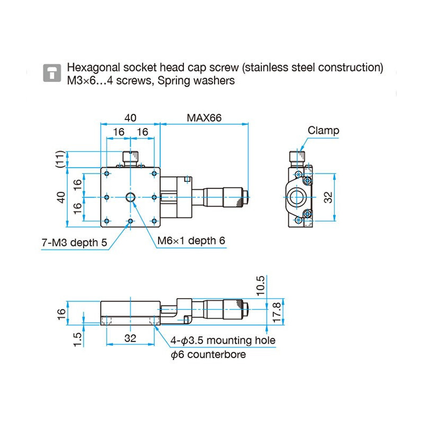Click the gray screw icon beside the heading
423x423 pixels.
point(51,73)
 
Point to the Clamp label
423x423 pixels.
point(323,131)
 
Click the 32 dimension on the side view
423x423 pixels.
point(328,197)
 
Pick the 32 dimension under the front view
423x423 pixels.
point(130,338)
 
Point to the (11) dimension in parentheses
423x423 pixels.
point(61,159)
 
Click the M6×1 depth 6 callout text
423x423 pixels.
point(191,241)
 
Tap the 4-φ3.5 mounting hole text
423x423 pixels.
point(223,340)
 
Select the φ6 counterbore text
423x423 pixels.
point(208,354)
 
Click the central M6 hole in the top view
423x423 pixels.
point(130,197)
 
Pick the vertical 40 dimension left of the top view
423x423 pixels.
point(61,197)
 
